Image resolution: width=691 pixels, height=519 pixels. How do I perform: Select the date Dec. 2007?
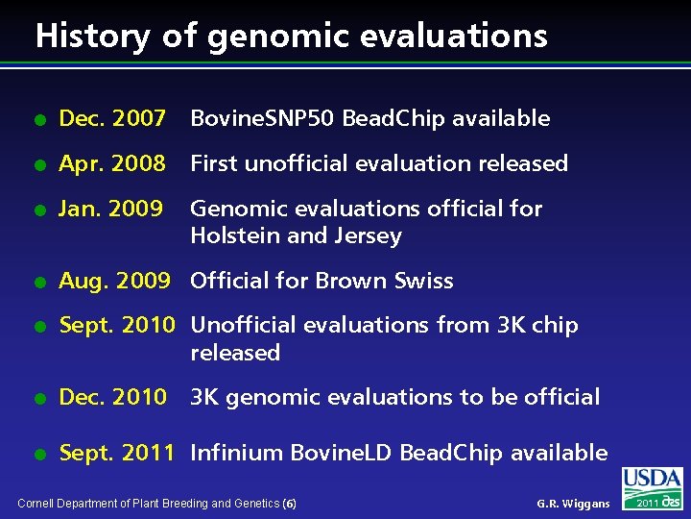[112, 118]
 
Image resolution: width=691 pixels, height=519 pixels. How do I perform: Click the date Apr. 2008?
[112, 163]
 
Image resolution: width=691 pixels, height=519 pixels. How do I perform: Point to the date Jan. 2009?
[111, 209]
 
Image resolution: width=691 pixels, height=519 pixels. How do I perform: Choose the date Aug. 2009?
[114, 281]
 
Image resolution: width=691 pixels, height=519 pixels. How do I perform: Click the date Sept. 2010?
[117, 326]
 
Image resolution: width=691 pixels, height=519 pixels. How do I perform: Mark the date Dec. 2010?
[112, 397]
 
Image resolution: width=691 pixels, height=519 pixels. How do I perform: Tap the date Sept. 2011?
[117, 453]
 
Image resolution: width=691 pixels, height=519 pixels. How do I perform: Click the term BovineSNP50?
[262, 118]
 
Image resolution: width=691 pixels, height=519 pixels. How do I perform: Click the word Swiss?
[422, 281]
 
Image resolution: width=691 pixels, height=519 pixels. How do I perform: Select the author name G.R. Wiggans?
[573, 504]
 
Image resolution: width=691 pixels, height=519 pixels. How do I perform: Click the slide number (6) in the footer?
[291, 504]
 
